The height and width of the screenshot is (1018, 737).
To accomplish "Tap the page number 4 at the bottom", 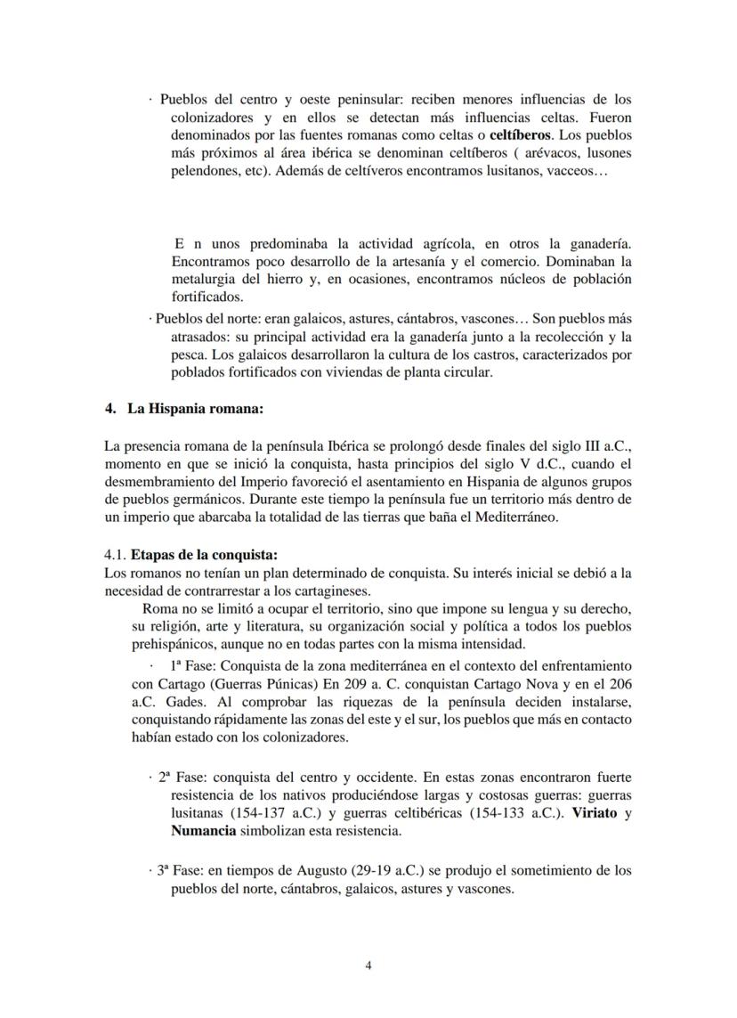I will coord(368,966).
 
